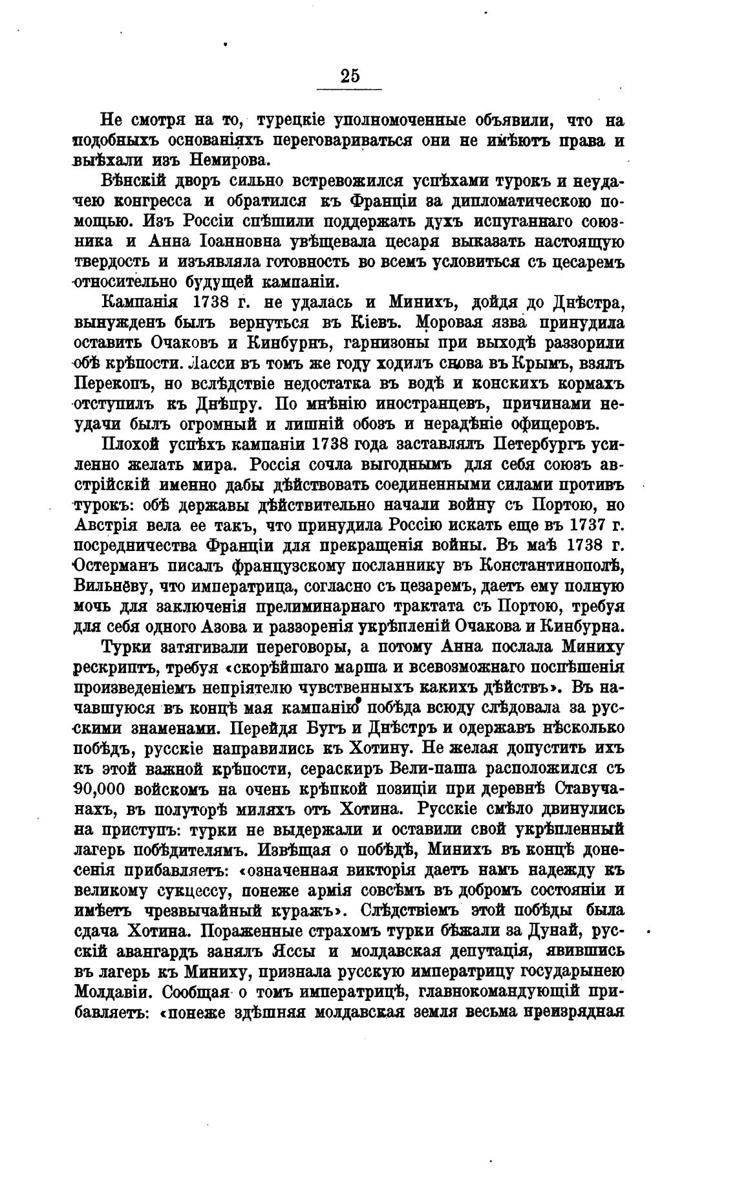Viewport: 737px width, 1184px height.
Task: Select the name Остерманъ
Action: [126, 566]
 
